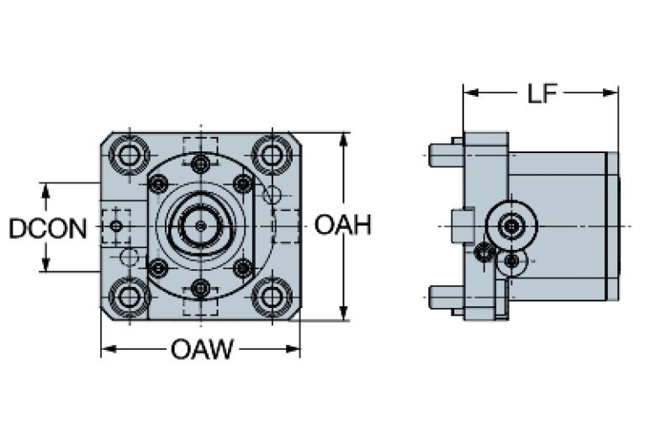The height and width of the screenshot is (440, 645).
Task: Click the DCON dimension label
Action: (x=47, y=227)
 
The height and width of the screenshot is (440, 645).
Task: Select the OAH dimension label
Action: (x=343, y=225)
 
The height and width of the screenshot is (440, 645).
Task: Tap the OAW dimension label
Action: (x=202, y=348)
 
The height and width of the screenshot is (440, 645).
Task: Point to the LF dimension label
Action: (x=542, y=93)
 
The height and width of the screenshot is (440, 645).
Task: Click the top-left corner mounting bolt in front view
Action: (x=130, y=155)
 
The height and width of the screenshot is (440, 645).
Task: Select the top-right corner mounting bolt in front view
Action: (x=271, y=155)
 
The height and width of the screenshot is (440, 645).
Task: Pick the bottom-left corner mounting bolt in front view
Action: (x=130, y=296)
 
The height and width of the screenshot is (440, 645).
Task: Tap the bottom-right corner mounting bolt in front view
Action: (x=271, y=296)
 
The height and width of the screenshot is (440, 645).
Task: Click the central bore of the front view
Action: (x=200, y=225)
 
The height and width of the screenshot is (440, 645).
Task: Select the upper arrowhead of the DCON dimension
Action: (x=47, y=188)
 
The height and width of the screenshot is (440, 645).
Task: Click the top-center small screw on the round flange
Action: (x=200, y=163)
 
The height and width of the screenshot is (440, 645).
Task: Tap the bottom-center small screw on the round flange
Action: (x=200, y=288)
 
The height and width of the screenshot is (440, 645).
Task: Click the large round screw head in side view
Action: (x=510, y=225)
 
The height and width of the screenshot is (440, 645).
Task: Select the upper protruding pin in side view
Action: (x=443, y=155)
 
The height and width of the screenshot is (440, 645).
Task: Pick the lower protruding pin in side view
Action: (x=443, y=296)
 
